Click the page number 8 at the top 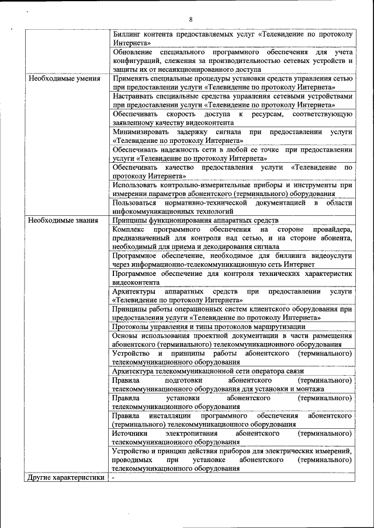point(191,20)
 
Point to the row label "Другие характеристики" point(65,478)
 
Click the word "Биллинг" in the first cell point(129,34)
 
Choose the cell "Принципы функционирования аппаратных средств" point(195,221)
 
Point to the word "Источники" point(130,433)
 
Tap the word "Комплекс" point(131,229)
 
